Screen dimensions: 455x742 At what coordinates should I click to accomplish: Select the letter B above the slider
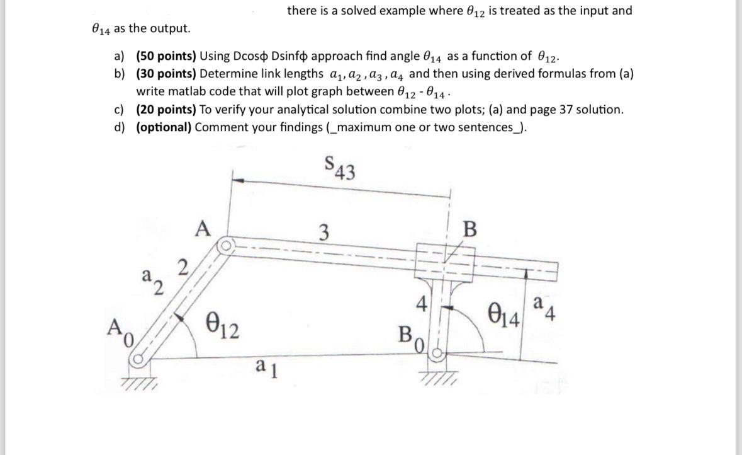point(470,227)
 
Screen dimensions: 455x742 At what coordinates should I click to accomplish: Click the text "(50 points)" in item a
point(166,56)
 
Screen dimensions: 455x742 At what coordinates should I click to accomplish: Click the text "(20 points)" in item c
point(166,110)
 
